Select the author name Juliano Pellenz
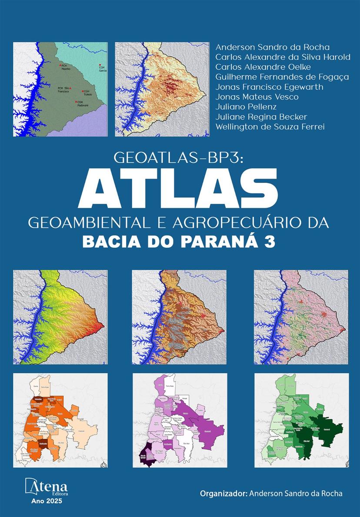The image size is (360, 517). [246, 106]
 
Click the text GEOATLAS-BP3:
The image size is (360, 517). [180, 157]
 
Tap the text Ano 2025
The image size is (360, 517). [47, 501]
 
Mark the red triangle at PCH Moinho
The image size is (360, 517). [60, 65]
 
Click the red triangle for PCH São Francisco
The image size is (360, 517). [70, 88]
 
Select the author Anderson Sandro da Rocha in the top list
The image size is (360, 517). [272, 47]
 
